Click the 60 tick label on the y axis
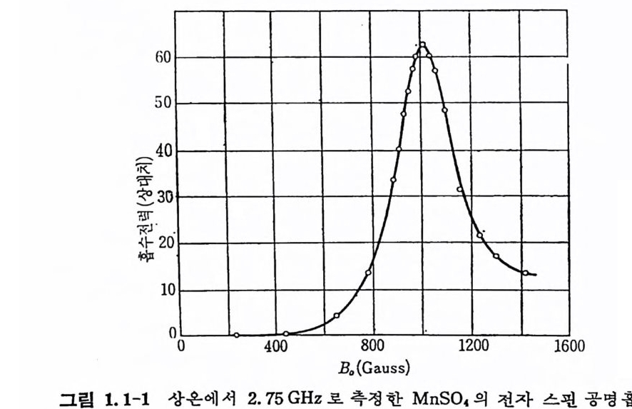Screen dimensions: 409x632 (x=163, y=58)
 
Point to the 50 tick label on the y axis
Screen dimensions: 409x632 (x=163, y=104)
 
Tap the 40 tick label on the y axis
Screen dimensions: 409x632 (x=163, y=151)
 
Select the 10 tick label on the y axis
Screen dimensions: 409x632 (x=163, y=291)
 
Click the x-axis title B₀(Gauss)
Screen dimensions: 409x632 (x=375, y=369)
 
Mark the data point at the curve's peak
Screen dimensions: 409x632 (x=422, y=45)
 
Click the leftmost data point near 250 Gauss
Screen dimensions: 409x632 (x=236, y=335)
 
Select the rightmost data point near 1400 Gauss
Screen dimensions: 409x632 (x=525, y=273)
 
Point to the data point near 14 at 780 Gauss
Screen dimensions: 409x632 (x=369, y=273)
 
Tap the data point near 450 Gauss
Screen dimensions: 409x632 (x=286, y=333)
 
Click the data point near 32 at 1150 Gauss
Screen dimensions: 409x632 (x=459, y=189)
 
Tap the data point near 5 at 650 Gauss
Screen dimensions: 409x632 (x=337, y=315)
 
